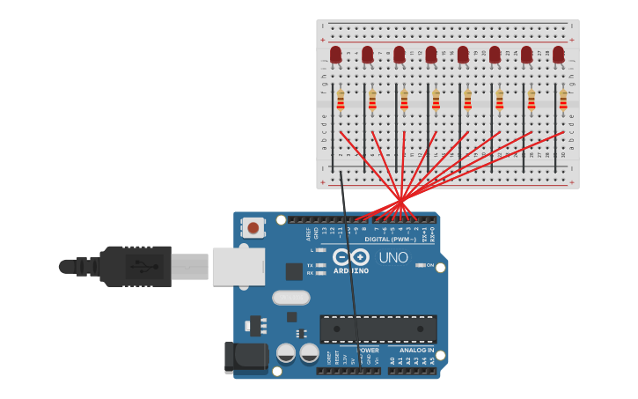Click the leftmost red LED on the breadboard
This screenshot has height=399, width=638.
pyautogui.click(x=335, y=55)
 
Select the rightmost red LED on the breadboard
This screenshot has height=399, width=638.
pyautogui.click(x=558, y=55)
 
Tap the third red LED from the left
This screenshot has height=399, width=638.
pyautogui.click(x=400, y=55)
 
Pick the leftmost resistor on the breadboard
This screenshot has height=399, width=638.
pyautogui.click(x=341, y=100)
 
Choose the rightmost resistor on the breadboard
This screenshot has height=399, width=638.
pyautogui.click(x=563, y=100)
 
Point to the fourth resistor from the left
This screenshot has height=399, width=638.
pyautogui.click(x=436, y=100)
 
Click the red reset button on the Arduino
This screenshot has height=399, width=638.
pyautogui.click(x=253, y=228)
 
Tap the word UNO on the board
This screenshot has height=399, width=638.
pyautogui.click(x=392, y=258)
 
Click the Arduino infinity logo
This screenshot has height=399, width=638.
pyautogui.click(x=351, y=257)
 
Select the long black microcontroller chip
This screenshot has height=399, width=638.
pyautogui.click(x=378, y=329)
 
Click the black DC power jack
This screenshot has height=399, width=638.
pyautogui.click(x=246, y=357)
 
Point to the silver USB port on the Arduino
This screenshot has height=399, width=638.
pyautogui.click(x=238, y=266)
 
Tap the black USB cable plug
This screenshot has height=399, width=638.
pyautogui.click(x=136, y=266)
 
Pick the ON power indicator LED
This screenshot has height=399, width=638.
pyautogui.click(x=421, y=265)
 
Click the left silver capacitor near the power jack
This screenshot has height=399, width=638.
pyautogui.click(x=286, y=353)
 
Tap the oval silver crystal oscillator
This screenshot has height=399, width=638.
pyautogui.click(x=290, y=298)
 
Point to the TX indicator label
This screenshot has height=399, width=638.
pyautogui.click(x=311, y=264)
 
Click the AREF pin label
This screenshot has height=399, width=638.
pyautogui.click(x=308, y=233)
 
